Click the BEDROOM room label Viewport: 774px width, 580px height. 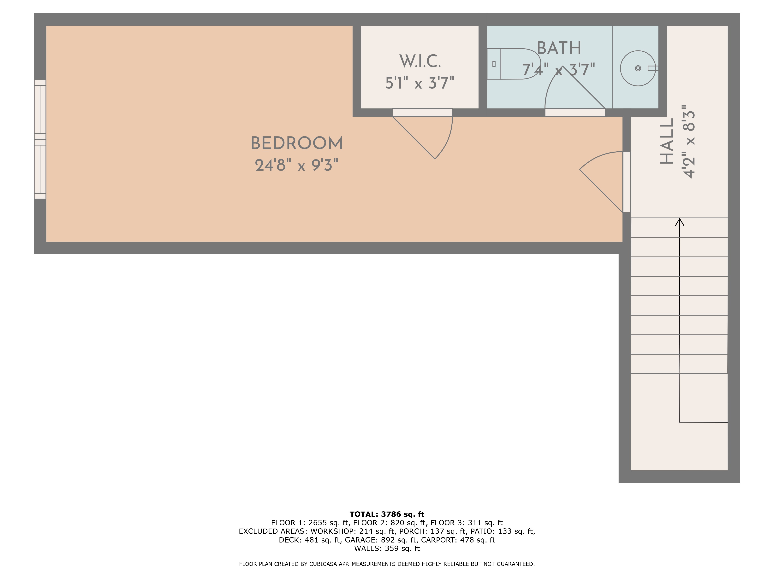click(x=297, y=143)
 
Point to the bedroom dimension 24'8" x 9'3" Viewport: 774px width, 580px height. click(x=297, y=165)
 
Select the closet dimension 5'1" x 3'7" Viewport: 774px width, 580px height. click(x=420, y=83)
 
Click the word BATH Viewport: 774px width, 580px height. click(x=559, y=48)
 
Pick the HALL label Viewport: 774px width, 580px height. click(x=667, y=141)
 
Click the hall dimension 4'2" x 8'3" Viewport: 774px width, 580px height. click(x=689, y=141)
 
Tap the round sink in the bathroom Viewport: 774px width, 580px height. click(x=638, y=68)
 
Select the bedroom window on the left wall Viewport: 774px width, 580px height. click(x=40, y=139)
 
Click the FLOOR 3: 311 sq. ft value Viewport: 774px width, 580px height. click(x=466, y=523)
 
